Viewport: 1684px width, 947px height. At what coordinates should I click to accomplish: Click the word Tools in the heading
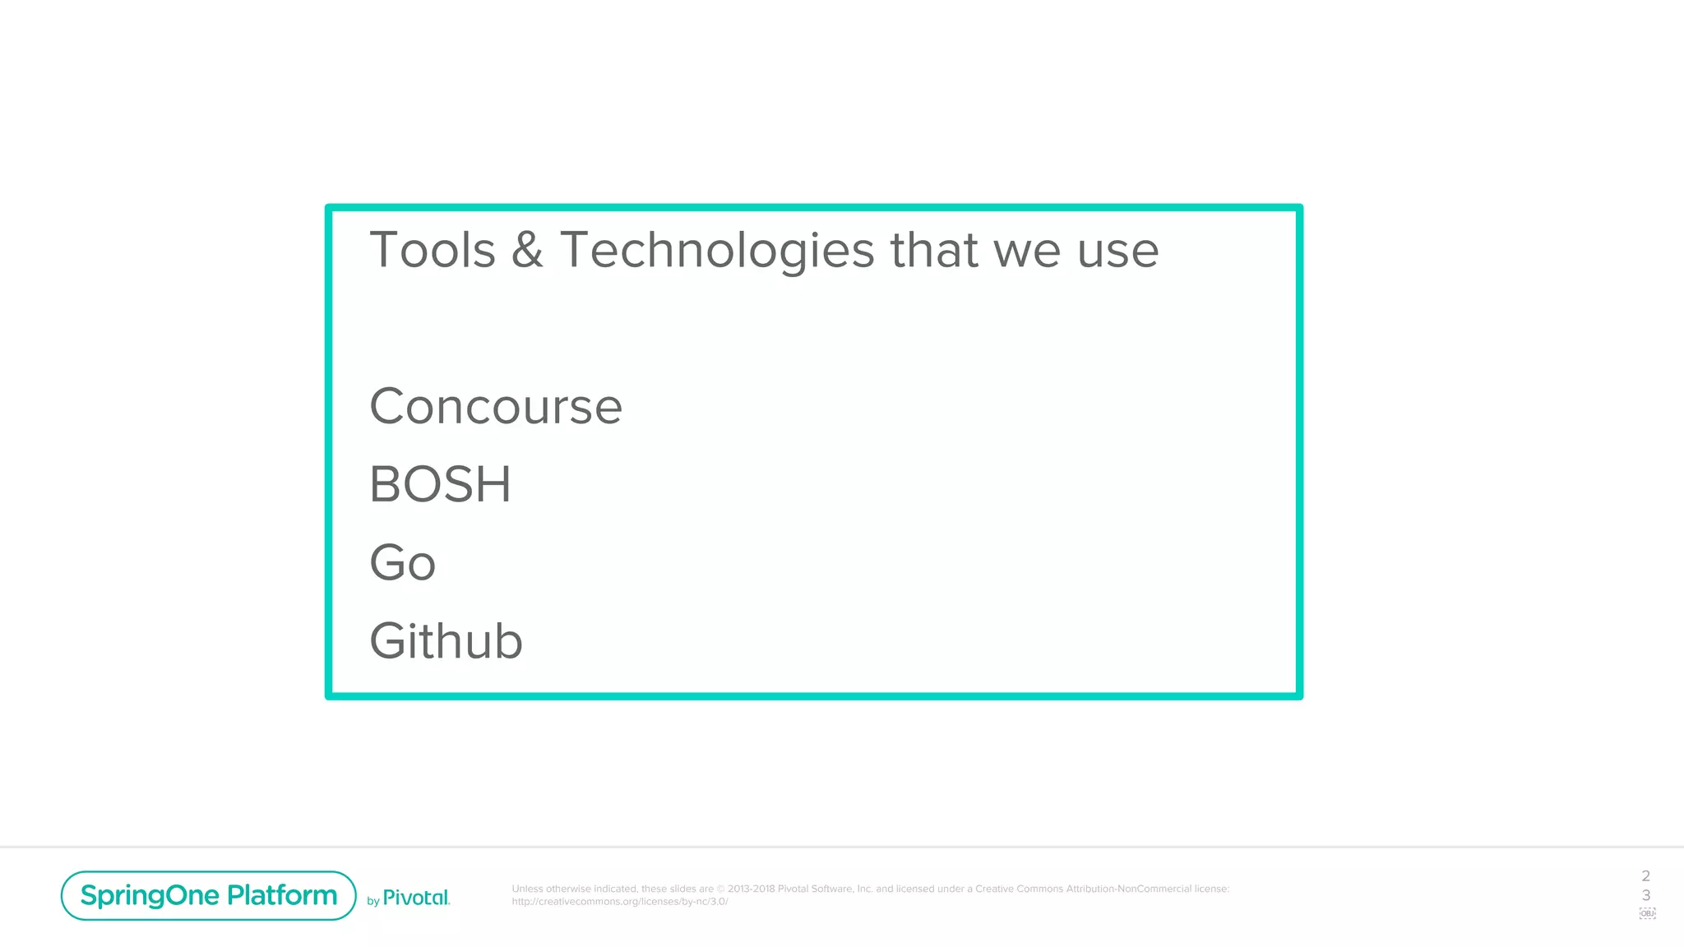(x=433, y=250)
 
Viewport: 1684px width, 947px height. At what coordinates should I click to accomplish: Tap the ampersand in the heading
(x=527, y=250)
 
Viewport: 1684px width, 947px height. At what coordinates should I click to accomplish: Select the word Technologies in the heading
(x=717, y=250)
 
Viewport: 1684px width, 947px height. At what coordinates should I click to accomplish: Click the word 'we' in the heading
(x=1027, y=252)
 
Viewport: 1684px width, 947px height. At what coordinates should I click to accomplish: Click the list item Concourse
(x=496, y=406)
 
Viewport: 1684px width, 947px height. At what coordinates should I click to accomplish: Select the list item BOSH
(x=440, y=484)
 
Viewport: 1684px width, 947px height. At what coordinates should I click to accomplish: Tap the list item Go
(x=402, y=563)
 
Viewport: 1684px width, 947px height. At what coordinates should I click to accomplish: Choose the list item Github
(x=446, y=641)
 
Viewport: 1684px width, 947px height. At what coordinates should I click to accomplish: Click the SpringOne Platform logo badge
(x=208, y=895)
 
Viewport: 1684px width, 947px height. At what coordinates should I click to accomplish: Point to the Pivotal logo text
(x=416, y=898)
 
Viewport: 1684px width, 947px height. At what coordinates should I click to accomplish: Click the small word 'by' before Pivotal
(x=373, y=902)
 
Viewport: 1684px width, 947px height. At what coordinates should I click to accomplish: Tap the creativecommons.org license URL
(x=620, y=902)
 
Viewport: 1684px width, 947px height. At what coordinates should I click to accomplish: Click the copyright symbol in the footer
(x=721, y=889)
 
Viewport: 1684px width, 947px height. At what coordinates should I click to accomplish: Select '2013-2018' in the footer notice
(x=751, y=889)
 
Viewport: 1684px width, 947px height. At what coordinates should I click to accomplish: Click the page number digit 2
(x=1645, y=876)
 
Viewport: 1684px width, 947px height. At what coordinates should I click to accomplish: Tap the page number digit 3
(x=1645, y=895)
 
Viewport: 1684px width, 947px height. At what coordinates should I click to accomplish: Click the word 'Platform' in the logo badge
(x=282, y=895)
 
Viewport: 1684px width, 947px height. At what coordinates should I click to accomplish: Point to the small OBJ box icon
(x=1647, y=913)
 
